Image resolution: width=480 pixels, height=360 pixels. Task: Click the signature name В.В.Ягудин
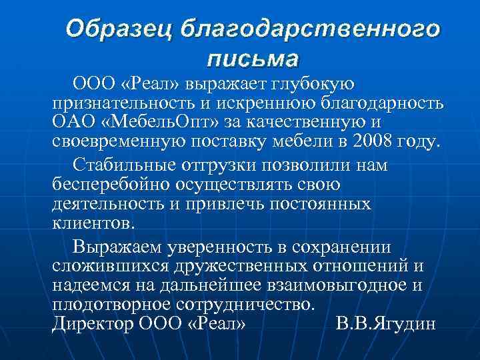(386, 325)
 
